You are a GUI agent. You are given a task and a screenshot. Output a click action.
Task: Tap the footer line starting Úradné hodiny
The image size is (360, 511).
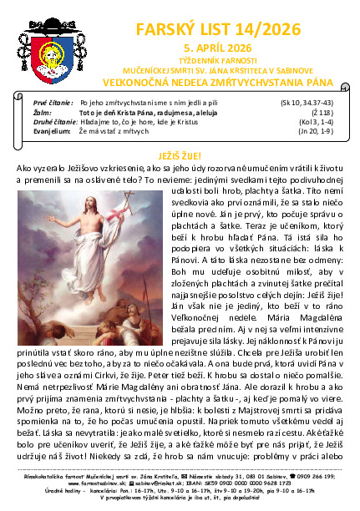[x=180, y=491]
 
